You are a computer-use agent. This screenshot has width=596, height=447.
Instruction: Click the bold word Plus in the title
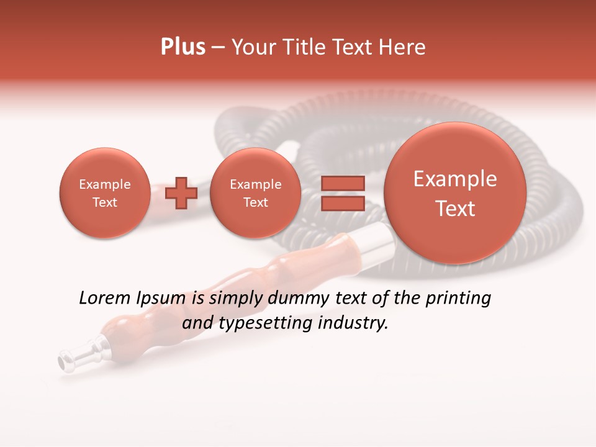(x=183, y=47)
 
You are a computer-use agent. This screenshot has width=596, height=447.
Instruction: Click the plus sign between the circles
(x=181, y=193)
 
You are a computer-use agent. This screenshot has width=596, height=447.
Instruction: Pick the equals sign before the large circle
(x=342, y=193)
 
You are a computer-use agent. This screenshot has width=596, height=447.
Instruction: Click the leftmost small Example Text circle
(x=104, y=193)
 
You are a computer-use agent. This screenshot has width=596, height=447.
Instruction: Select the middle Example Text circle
(x=255, y=193)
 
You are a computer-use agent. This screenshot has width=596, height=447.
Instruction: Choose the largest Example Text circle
(x=455, y=193)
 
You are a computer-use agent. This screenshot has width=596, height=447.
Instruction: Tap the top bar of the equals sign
(x=342, y=183)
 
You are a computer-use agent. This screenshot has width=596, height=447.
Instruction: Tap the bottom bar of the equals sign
(x=342, y=203)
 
